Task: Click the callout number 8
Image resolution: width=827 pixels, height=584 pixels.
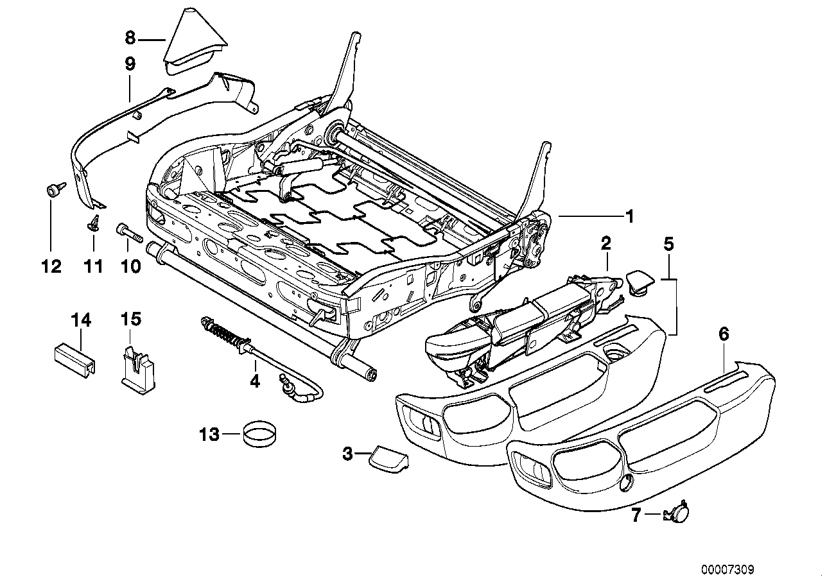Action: pyautogui.click(x=130, y=38)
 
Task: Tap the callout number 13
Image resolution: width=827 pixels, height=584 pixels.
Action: pyautogui.click(x=209, y=434)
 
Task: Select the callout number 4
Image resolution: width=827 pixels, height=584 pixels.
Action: pyautogui.click(x=255, y=381)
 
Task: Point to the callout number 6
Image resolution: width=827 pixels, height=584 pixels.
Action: pyautogui.click(x=724, y=334)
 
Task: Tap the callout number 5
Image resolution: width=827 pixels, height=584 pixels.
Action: pyautogui.click(x=668, y=244)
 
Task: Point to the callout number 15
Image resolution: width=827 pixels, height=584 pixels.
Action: pyautogui.click(x=130, y=320)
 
